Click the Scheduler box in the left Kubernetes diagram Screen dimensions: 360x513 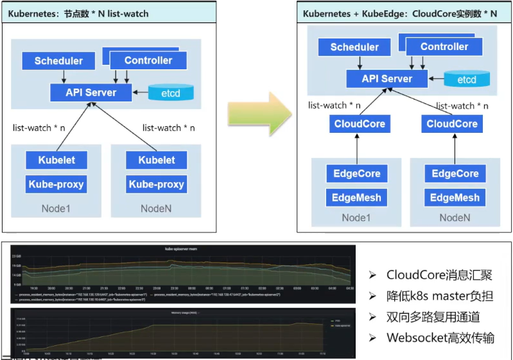point(58,61)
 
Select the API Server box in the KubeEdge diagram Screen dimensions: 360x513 point(387,79)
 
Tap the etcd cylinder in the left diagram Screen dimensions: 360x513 point(170,93)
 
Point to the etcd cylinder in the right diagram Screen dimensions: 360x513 point(466,80)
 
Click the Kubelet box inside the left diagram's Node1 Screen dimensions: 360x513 point(57,159)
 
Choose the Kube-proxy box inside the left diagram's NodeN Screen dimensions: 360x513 point(156,184)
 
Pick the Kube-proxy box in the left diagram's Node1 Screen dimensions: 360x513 point(57,184)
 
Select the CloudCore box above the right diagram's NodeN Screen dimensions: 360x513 point(453,124)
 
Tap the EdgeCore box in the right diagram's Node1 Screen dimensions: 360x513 point(356,173)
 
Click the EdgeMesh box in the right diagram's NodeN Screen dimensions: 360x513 point(455,198)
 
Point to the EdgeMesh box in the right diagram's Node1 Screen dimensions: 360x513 point(356,198)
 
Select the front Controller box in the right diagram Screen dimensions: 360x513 point(444,47)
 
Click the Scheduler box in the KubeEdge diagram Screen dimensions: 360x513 point(354,47)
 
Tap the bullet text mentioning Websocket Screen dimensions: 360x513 point(440,338)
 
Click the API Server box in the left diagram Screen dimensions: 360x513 point(91,92)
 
